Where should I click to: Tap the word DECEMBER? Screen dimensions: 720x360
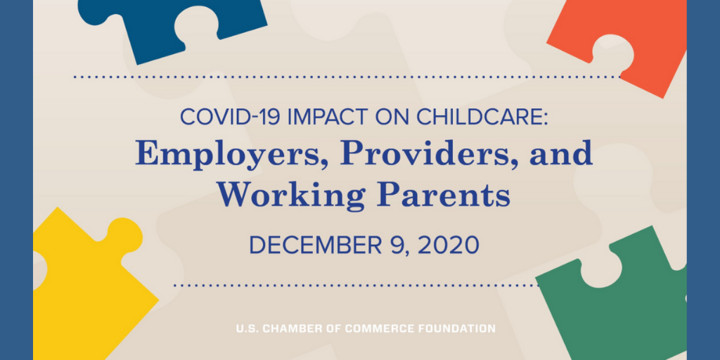tap(315, 245)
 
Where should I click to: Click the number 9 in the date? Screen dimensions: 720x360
tap(396, 245)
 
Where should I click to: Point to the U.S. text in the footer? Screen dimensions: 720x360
tap(247, 329)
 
